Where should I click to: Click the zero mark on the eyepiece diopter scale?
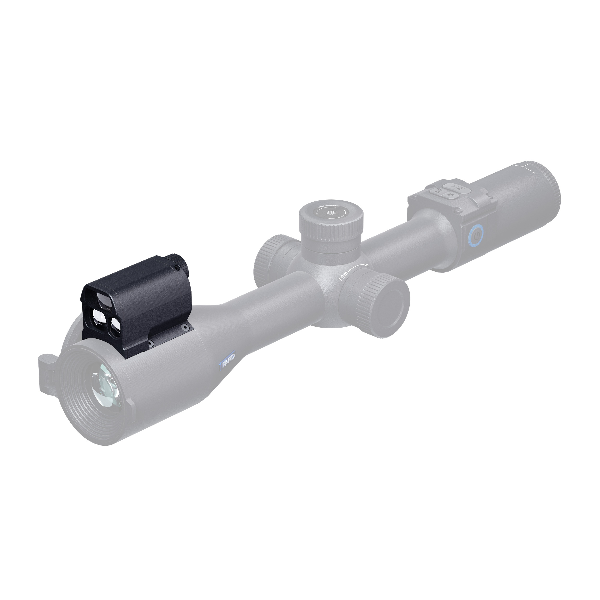click(523, 167)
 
